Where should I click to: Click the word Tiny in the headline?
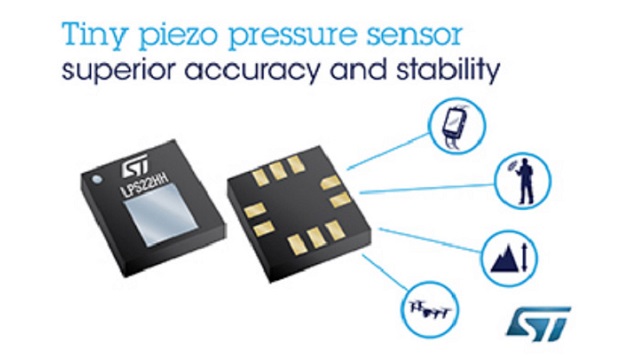click(x=93, y=36)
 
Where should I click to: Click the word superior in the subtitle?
click(x=118, y=71)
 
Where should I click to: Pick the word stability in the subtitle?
click(x=448, y=71)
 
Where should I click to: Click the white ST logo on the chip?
click(x=135, y=166)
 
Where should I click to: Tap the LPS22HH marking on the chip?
click(x=144, y=183)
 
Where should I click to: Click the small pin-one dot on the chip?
click(x=97, y=179)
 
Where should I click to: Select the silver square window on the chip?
click(x=161, y=214)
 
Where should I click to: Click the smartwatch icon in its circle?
click(x=455, y=125)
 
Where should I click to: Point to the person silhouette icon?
click(x=524, y=181)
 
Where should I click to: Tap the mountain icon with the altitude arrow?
click(x=509, y=258)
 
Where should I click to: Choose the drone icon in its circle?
click(x=429, y=309)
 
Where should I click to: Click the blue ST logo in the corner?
click(x=538, y=323)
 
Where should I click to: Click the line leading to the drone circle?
click(x=385, y=272)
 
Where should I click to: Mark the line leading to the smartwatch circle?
click(x=388, y=151)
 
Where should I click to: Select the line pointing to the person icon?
click(x=427, y=189)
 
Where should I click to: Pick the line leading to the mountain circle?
click(x=430, y=240)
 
